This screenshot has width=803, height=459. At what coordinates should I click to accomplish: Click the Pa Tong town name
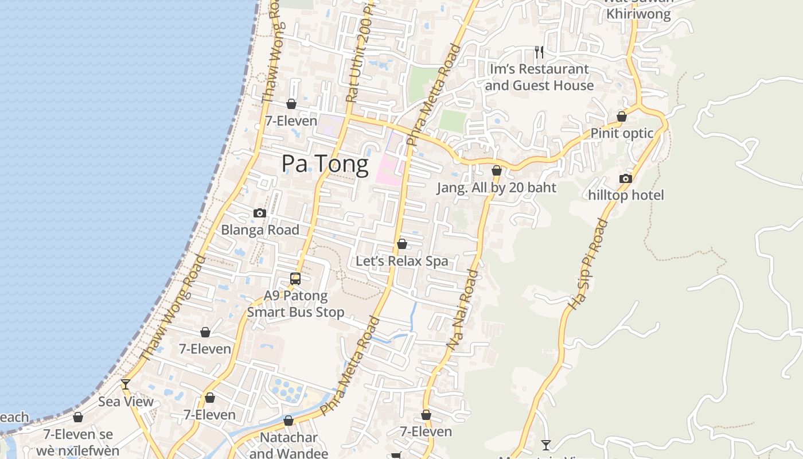(325, 164)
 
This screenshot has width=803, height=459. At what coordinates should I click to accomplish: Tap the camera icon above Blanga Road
(260, 213)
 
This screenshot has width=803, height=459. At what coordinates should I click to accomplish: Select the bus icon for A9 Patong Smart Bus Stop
(295, 279)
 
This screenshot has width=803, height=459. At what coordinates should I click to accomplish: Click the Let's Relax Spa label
(402, 261)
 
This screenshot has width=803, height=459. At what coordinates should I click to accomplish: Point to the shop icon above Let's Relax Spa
(402, 244)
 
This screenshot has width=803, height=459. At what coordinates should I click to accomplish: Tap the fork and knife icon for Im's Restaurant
(539, 52)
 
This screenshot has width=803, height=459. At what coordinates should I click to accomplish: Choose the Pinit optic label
(622, 133)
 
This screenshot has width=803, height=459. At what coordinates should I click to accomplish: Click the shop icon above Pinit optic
(622, 116)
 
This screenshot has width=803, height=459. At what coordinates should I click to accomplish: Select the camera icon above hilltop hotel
(626, 178)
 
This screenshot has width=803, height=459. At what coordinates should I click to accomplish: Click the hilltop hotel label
(626, 195)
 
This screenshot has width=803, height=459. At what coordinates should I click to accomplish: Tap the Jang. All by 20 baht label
(496, 188)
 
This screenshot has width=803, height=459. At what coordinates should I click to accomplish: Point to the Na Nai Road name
(463, 310)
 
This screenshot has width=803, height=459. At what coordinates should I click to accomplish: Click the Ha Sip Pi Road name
(587, 264)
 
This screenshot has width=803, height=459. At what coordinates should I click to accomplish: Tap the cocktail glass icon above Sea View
(126, 384)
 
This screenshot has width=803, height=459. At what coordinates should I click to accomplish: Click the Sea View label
(126, 401)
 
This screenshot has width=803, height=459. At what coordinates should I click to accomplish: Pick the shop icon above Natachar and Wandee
(289, 421)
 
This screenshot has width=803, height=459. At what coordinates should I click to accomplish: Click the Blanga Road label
(260, 229)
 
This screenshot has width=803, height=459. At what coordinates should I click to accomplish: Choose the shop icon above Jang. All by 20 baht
(497, 170)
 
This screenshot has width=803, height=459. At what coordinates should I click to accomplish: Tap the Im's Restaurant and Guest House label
(539, 77)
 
